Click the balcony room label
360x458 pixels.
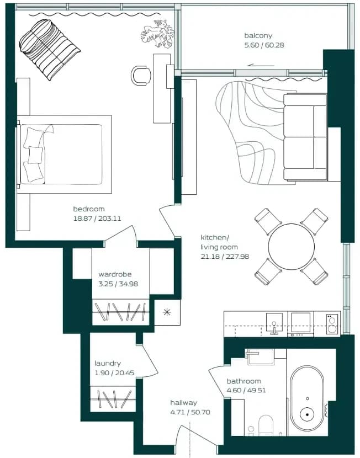tap(258, 36)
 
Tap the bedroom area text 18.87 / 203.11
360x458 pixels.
tap(97, 219)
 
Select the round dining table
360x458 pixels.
tap(292, 247)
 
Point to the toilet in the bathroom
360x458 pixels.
tap(266, 425)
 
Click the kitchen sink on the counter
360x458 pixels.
tap(274, 324)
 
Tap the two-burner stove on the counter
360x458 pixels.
tap(332, 324)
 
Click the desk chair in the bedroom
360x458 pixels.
tap(141, 76)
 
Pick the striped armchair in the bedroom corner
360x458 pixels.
tap(49, 49)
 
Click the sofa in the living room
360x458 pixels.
tap(305, 137)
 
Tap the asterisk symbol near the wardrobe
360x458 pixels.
tap(167, 312)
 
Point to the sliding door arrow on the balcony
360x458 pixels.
tap(261, 66)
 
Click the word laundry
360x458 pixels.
tap(108, 364)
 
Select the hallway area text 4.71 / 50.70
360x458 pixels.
tap(190, 412)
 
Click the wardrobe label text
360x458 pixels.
tap(115, 274)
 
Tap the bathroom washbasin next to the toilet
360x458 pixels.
tap(251, 430)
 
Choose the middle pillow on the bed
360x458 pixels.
tap(35, 155)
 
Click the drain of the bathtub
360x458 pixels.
tap(307, 414)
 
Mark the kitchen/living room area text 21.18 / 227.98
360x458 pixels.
tap(225, 257)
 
